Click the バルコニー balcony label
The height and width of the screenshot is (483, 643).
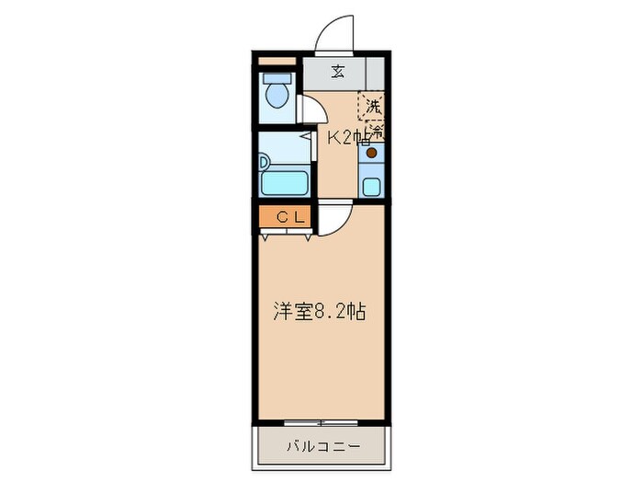pos(321,448)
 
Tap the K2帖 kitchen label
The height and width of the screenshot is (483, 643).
pos(349,138)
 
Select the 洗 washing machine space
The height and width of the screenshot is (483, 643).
pos(373,107)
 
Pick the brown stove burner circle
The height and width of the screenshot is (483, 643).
pos(372,154)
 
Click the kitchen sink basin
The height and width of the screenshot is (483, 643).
pos(372,186)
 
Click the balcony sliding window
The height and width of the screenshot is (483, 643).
pos(321,422)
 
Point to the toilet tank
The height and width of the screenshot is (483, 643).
pos(276,79)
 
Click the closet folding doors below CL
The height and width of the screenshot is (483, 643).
pos(285,234)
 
